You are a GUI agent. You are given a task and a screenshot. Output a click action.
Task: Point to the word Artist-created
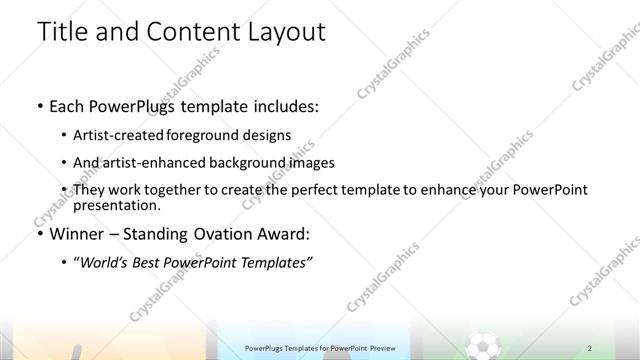[x=111, y=135]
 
